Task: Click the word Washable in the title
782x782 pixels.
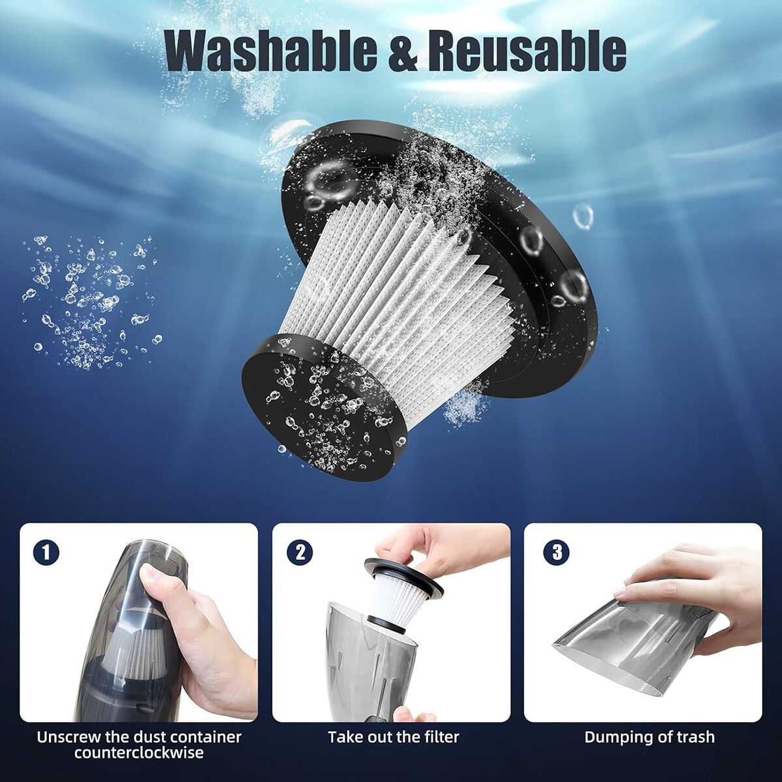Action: pyautogui.click(x=271, y=53)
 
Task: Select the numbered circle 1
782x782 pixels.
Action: pyautogui.click(x=46, y=553)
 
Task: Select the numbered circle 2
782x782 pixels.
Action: pyautogui.click(x=300, y=553)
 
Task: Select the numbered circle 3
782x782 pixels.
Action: pyautogui.click(x=557, y=553)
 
